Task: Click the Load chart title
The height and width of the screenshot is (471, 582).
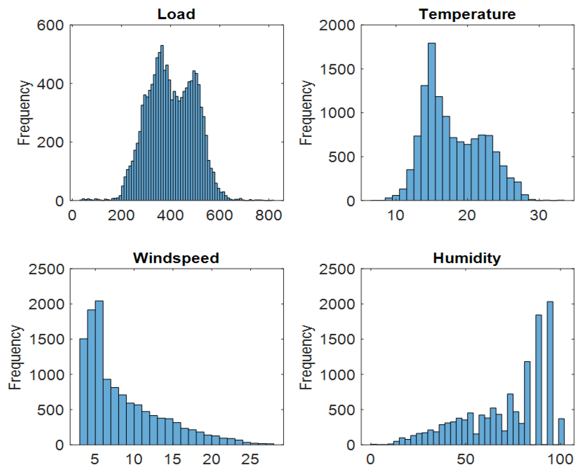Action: [176, 14]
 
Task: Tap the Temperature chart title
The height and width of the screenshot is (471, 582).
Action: [467, 14]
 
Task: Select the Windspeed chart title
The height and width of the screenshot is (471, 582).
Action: [176, 258]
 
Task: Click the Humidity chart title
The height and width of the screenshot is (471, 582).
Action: [467, 258]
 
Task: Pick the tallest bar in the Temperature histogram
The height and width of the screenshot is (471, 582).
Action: [431, 122]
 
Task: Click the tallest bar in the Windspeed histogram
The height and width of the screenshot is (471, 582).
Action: [99, 373]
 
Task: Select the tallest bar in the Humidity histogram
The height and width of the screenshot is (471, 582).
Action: [550, 373]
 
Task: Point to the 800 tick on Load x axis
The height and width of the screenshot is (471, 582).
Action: [268, 215]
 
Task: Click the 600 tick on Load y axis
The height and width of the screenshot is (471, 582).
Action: [50, 25]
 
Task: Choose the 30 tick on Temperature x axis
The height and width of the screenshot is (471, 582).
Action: [538, 215]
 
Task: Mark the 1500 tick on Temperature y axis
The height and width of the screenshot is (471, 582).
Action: [337, 69]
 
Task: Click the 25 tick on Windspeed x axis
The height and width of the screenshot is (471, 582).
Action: [250, 459]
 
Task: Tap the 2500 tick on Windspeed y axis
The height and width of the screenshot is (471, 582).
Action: [46, 269]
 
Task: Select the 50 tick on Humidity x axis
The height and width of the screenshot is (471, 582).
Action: [465, 459]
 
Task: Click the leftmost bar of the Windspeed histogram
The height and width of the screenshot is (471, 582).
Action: [84, 392]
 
